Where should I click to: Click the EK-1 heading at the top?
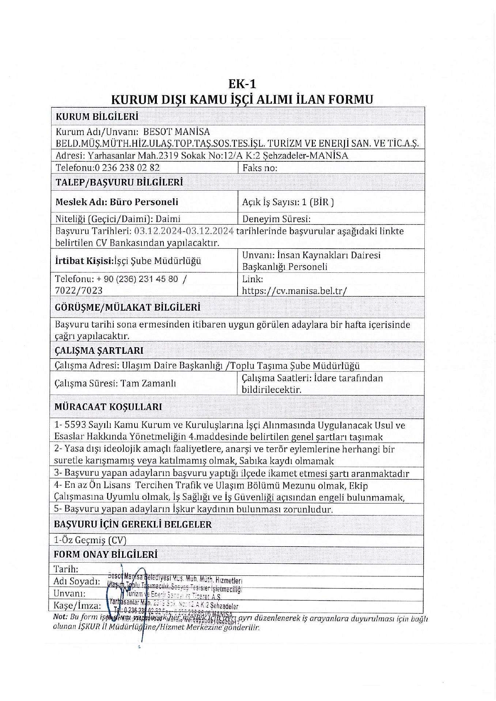(242, 84)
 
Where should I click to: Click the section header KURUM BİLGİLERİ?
(97, 117)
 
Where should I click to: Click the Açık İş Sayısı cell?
(288, 202)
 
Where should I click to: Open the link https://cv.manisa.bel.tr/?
(294, 291)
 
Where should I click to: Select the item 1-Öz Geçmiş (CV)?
(90, 540)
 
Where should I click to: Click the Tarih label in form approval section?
(66, 569)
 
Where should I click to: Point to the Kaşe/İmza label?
(77, 606)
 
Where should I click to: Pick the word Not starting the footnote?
(60, 617)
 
